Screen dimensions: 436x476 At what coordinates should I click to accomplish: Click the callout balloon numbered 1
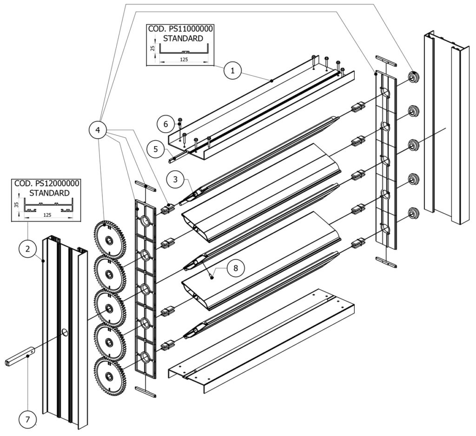pyautogui.click(x=233, y=71)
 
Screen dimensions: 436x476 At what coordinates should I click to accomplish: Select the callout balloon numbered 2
pyautogui.click(x=27, y=249)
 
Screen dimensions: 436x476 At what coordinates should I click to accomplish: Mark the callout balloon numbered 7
pyautogui.click(x=27, y=420)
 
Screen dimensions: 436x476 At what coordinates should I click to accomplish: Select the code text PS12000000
pyautogui.click(x=56, y=183)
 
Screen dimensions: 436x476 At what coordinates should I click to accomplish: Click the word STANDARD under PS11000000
pyautogui.click(x=183, y=38)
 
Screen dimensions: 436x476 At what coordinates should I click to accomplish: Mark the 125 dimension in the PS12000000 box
pyautogui.click(x=47, y=216)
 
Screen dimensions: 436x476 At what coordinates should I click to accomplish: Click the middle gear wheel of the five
pyautogui.click(x=109, y=308)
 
